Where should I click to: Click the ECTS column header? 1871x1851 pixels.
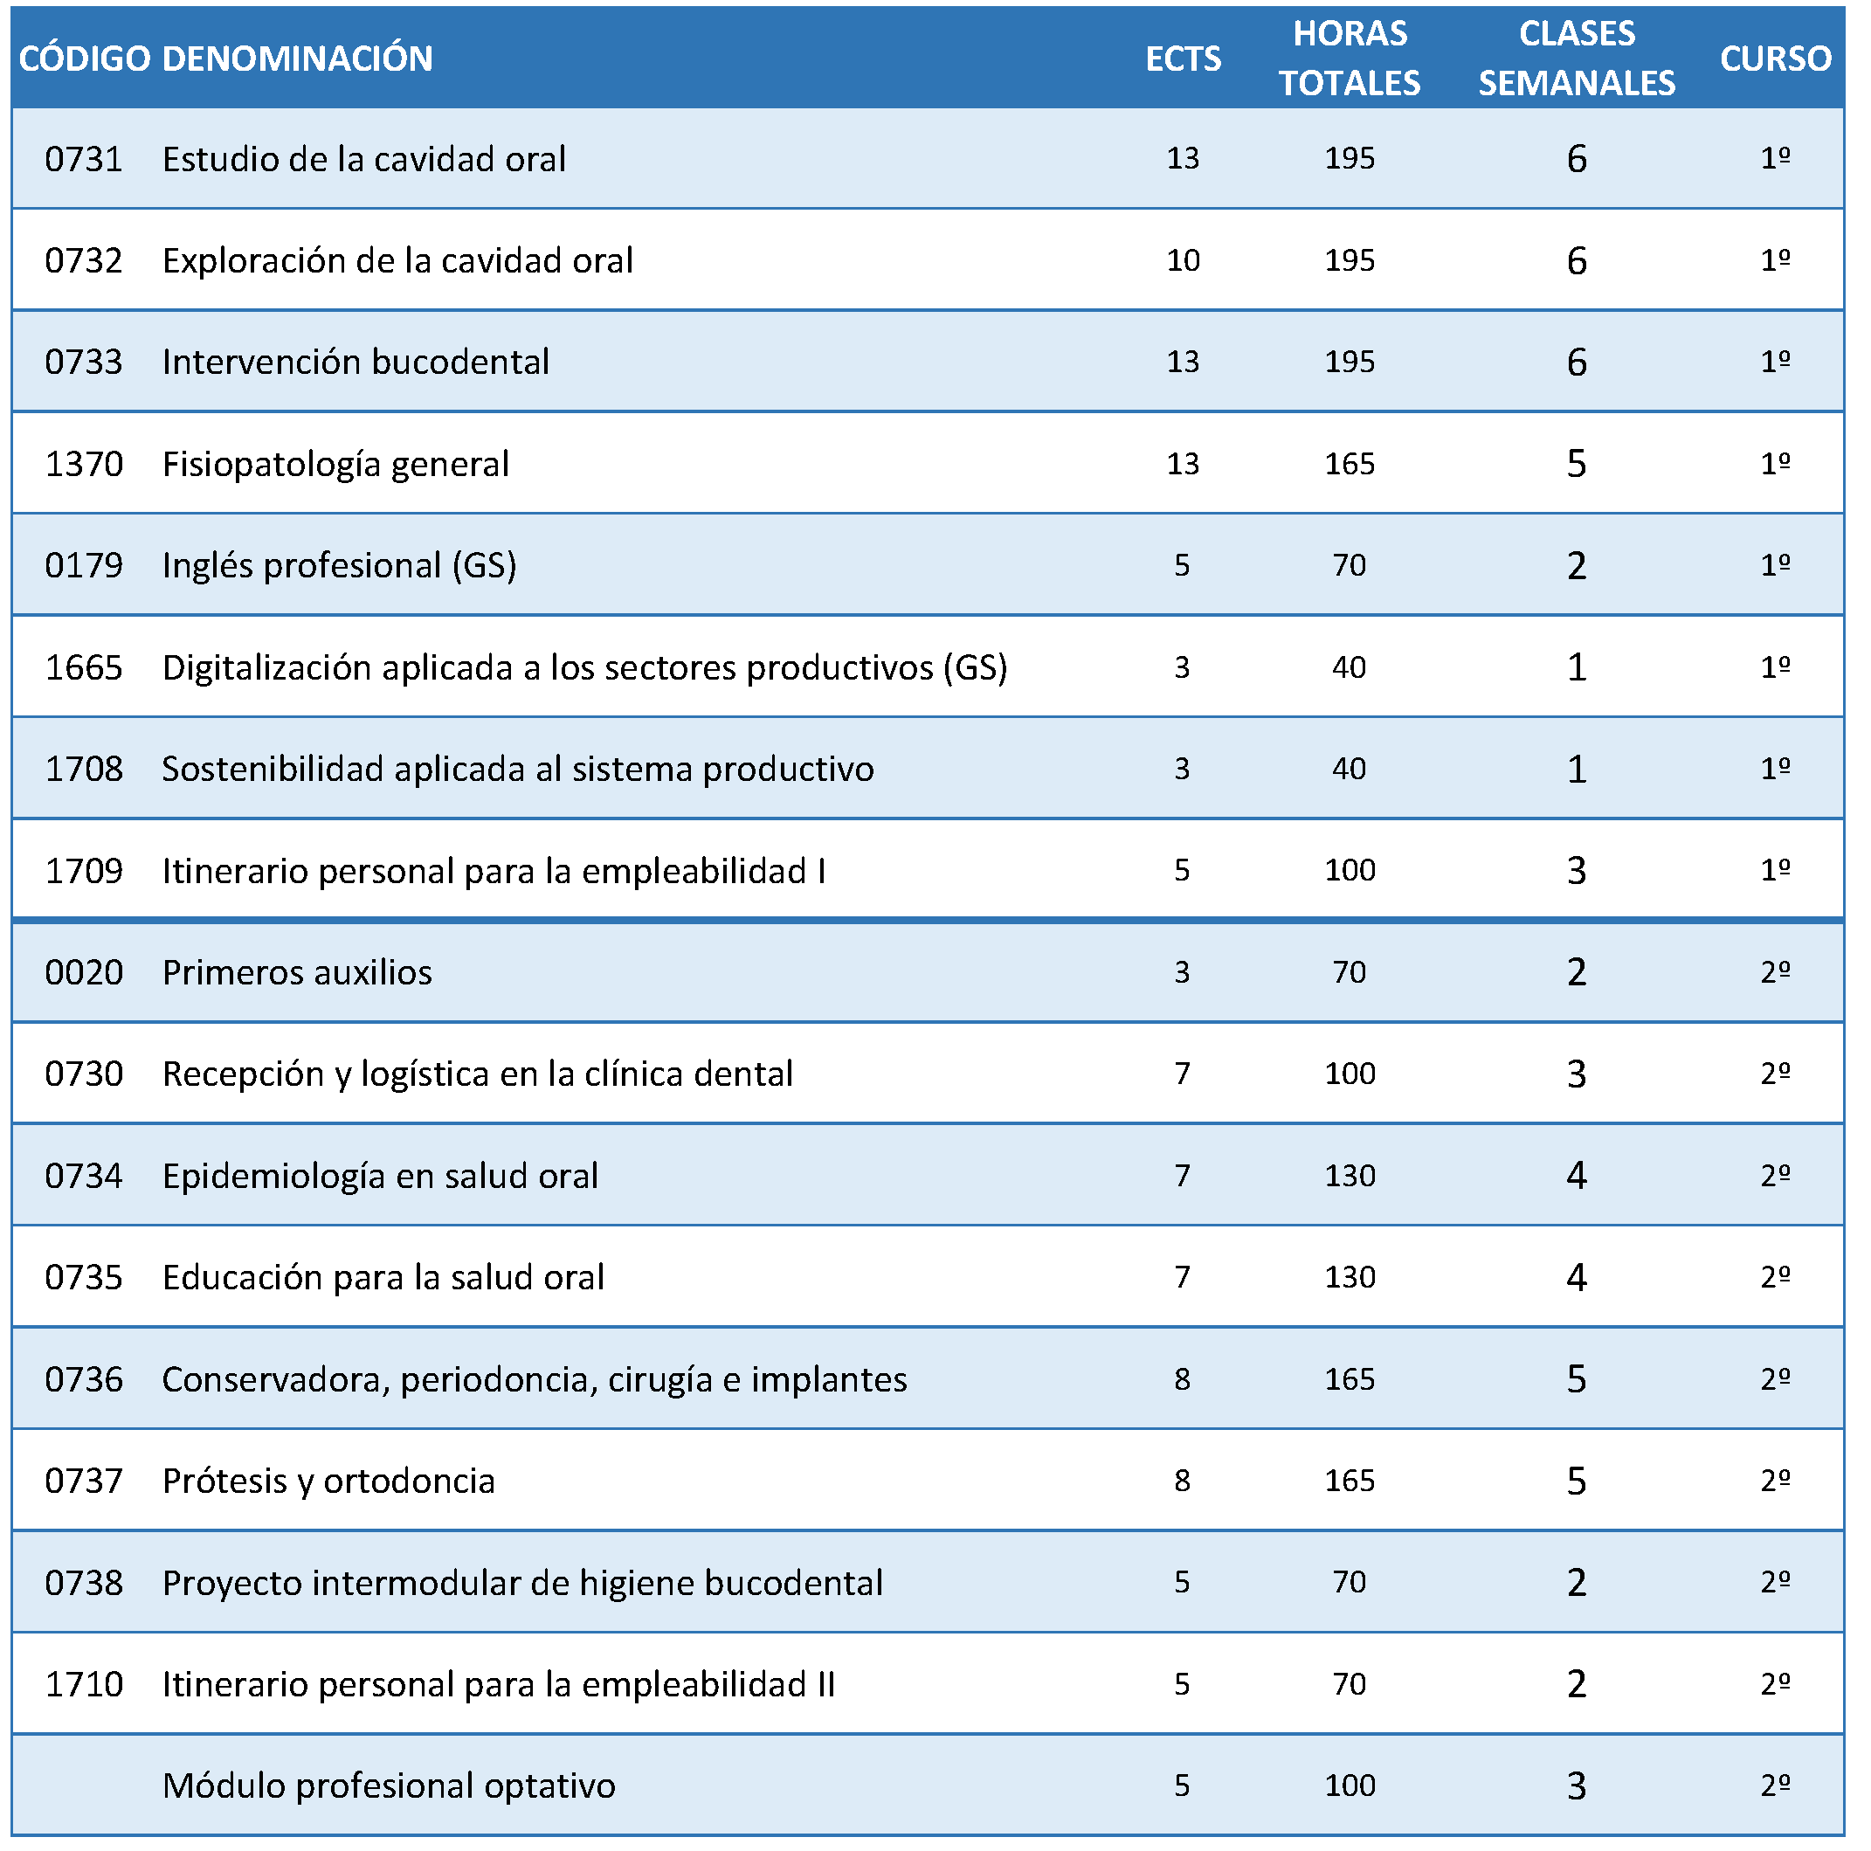1183,59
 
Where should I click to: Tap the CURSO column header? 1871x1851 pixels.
1775,59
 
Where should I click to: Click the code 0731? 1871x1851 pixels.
84,159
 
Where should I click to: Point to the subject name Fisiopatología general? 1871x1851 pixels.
335,464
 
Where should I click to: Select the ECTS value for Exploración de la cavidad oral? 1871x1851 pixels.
1183,260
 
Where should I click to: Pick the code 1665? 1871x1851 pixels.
84,667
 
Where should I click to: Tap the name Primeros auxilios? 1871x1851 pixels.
297,972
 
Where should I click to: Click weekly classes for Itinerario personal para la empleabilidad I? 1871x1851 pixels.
1577,871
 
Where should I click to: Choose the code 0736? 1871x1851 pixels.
84,1379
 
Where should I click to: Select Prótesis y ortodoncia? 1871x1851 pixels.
328,1481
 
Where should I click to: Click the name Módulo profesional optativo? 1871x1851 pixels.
390,1786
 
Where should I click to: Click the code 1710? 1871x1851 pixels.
84,1684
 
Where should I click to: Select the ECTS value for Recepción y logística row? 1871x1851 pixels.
1183,1074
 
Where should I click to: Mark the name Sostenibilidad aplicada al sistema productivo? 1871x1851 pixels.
518,769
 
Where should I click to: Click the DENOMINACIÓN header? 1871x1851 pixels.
297,59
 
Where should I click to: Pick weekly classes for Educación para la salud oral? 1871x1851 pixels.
1577,1278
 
